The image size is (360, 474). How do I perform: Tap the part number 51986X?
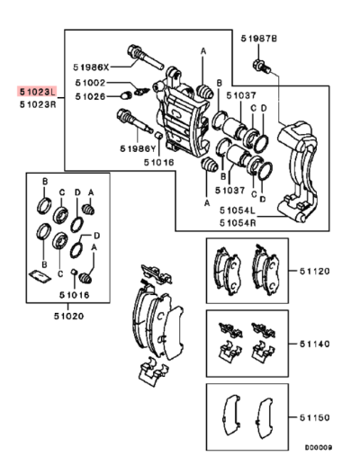[x=91, y=67]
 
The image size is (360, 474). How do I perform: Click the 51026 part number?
[x=91, y=96]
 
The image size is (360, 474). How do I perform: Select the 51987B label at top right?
[x=259, y=38]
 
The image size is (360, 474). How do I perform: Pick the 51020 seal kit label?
[x=67, y=315]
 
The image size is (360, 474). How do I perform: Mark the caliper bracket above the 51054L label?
[x=299, y=171]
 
